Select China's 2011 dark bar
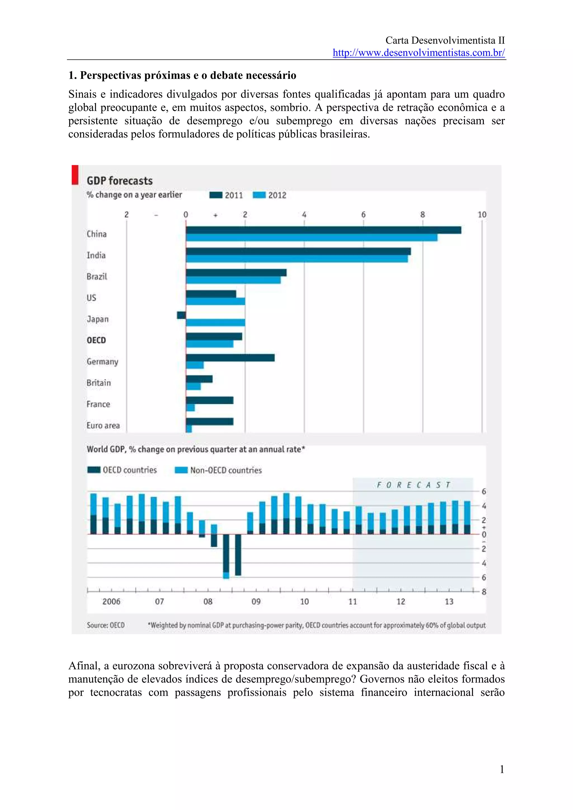pyautogui.click(x=323, y=230)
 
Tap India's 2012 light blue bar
pyautogui.click(x=297, y=259)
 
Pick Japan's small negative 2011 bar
pyautogui.click(x=182, y=315)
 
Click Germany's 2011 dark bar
pyautogui.click(x=230, y=358)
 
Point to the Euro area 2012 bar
pyautogui.click(x=189, y=429)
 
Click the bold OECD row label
pyautogui.click(x=96, y=340)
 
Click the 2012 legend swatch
pyautogui.click(x=259, y=195)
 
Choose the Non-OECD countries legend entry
pyautogui.click(x=219, y=470)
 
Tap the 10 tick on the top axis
pyautogui.click(x=482, y=214)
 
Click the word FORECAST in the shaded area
pyautogui.click(x=413, y=485)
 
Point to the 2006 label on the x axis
pyautogui.click(x=111, y=601)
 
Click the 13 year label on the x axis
pyautogui.click(x=449, y=601)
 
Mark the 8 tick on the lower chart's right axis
pyautogui.click(x=484, y=592)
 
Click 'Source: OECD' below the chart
pyautogui.click(x=105, y=625)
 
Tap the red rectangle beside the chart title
pyautogui.click(x=75, y=175)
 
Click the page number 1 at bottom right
pyautogui.click(x=502, y=769)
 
